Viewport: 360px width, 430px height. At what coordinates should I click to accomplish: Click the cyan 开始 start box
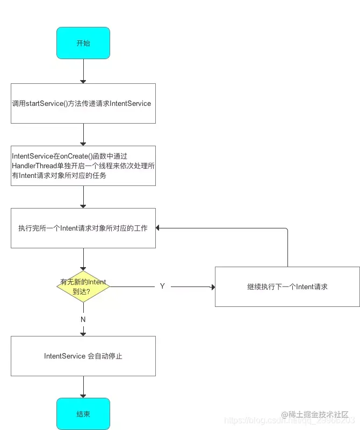83,43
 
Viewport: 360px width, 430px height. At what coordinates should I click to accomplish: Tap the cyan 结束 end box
83,414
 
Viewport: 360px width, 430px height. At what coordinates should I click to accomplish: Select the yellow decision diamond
83,286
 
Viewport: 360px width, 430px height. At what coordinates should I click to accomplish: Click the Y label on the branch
162,286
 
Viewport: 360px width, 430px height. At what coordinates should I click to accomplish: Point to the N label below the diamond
83,319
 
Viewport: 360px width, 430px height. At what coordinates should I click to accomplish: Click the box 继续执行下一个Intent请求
287,286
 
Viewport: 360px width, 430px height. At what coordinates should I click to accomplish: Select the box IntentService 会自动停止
83,356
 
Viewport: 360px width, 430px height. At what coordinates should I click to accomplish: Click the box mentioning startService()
83,103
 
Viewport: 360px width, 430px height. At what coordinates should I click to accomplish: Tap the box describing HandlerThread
83,166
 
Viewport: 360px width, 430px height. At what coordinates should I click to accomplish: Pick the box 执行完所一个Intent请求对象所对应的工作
83,228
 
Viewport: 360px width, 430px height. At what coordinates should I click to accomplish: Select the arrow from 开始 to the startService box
83,71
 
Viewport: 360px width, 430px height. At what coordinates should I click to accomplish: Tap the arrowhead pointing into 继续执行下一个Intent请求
212,287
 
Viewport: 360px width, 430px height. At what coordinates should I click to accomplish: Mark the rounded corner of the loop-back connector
286,230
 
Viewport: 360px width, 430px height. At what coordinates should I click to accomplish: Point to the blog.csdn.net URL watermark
253,420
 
